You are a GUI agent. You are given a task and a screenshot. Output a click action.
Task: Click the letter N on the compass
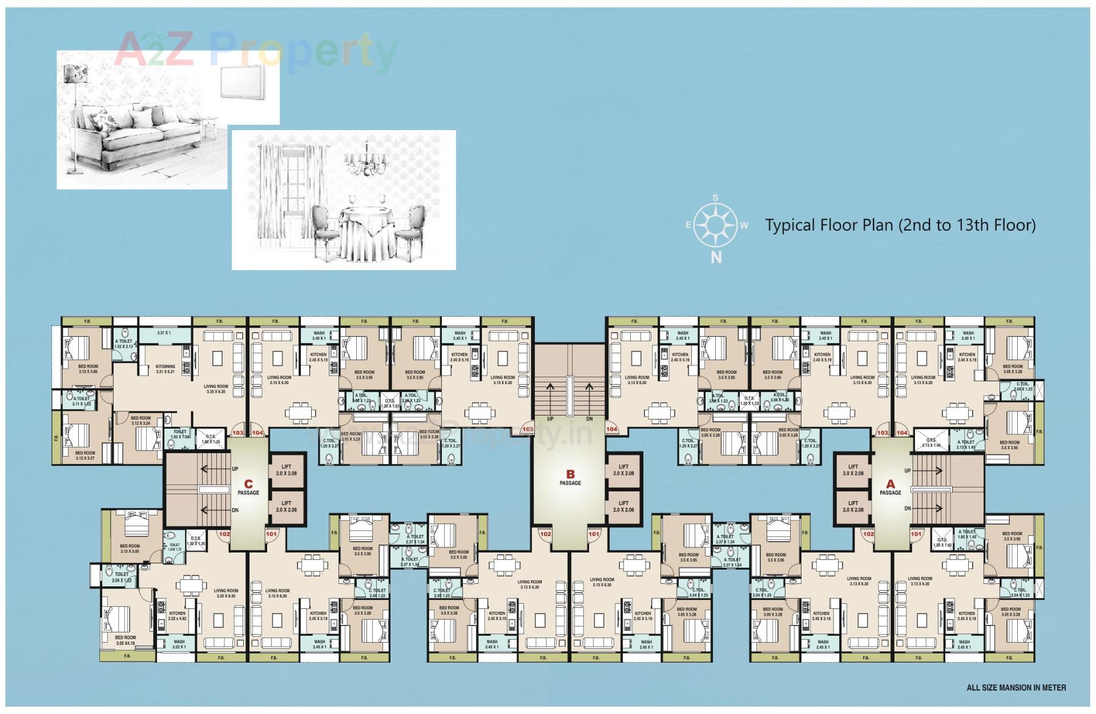[x=716, y=257]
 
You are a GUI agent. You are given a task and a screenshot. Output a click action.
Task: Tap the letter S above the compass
[x=716, y=198]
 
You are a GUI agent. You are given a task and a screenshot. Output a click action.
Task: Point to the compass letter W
[x=744, y=225]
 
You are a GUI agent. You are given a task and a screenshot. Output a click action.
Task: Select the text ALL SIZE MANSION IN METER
[x=1016, y=688]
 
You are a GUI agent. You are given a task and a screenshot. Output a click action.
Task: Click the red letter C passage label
[x=248, y=485]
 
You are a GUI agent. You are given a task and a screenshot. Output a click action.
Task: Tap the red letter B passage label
[x=570, y=474]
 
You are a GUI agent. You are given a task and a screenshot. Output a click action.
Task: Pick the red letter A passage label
[x=890, y=485]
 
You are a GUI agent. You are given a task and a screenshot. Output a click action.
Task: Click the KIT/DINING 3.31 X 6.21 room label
[x=166, y=369]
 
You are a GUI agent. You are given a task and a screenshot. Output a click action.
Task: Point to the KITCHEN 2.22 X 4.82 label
[x=177, y=616]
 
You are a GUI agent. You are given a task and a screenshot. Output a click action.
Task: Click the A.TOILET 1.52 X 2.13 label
[x=123, y=344]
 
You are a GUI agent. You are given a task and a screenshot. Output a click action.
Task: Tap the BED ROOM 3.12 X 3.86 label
[x=88, y=369]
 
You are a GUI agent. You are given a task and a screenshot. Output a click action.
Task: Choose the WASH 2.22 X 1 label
[x=179, y=644]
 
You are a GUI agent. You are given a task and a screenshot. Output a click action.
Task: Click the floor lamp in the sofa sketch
[x=75, y=114]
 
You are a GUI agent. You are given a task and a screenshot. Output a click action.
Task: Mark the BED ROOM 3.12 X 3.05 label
[x=130, y=548]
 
